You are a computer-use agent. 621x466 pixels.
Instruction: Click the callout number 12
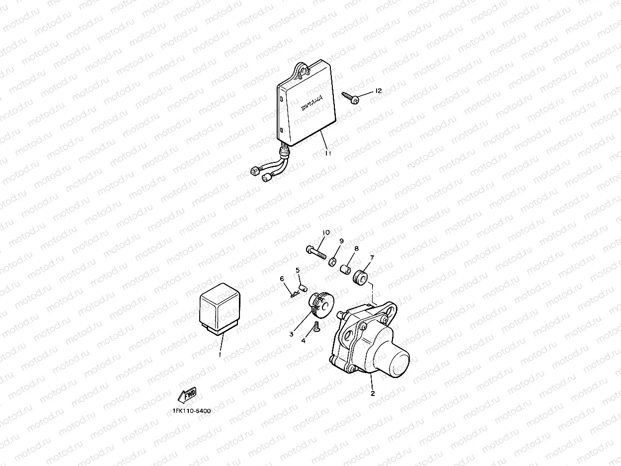click(379, 90)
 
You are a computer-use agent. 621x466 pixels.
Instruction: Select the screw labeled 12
click(351, 97)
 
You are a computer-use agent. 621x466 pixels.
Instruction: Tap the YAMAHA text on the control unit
click(311, 103)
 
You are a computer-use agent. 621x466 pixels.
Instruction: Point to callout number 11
click(328, 153)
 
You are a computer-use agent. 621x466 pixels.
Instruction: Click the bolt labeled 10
click(316, 253)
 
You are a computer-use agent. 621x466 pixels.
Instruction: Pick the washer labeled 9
click(332, 262)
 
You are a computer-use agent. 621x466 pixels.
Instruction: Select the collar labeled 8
click(345, 269)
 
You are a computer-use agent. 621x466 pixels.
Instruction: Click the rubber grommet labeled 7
click(360, 278)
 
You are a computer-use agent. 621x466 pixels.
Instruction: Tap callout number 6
click(282, 279)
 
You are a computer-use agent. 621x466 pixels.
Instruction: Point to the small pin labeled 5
click(304, 289)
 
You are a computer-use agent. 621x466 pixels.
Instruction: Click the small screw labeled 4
click(316, 326)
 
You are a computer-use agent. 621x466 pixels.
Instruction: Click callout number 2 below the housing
click(373, 393)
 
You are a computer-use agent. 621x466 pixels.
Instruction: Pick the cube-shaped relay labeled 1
click(220, 309)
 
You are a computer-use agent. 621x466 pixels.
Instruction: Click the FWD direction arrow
click(187, 394)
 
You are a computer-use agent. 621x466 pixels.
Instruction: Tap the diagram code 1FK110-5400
click(192, 411)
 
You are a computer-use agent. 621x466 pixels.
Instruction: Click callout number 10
click(326, 233)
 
